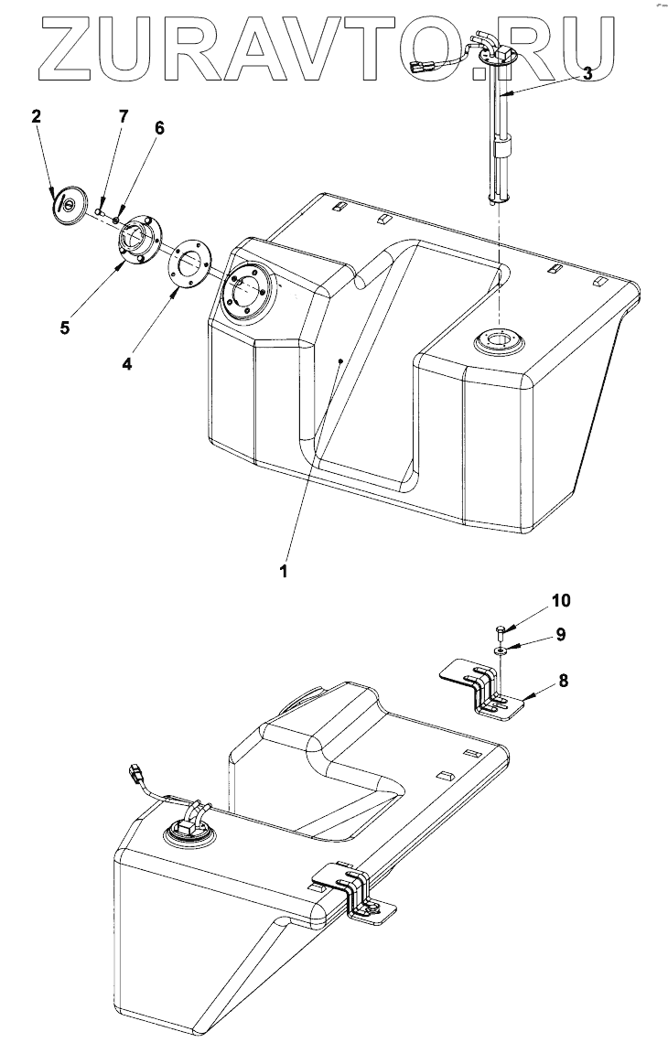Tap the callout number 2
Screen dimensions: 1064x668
37,116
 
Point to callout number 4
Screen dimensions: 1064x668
126,363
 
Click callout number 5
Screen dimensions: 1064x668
64,327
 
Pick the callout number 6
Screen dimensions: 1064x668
159,128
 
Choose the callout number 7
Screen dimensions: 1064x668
124,116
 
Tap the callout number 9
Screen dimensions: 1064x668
561,633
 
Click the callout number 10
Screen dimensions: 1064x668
560,600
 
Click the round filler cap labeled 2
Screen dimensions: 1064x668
67,202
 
